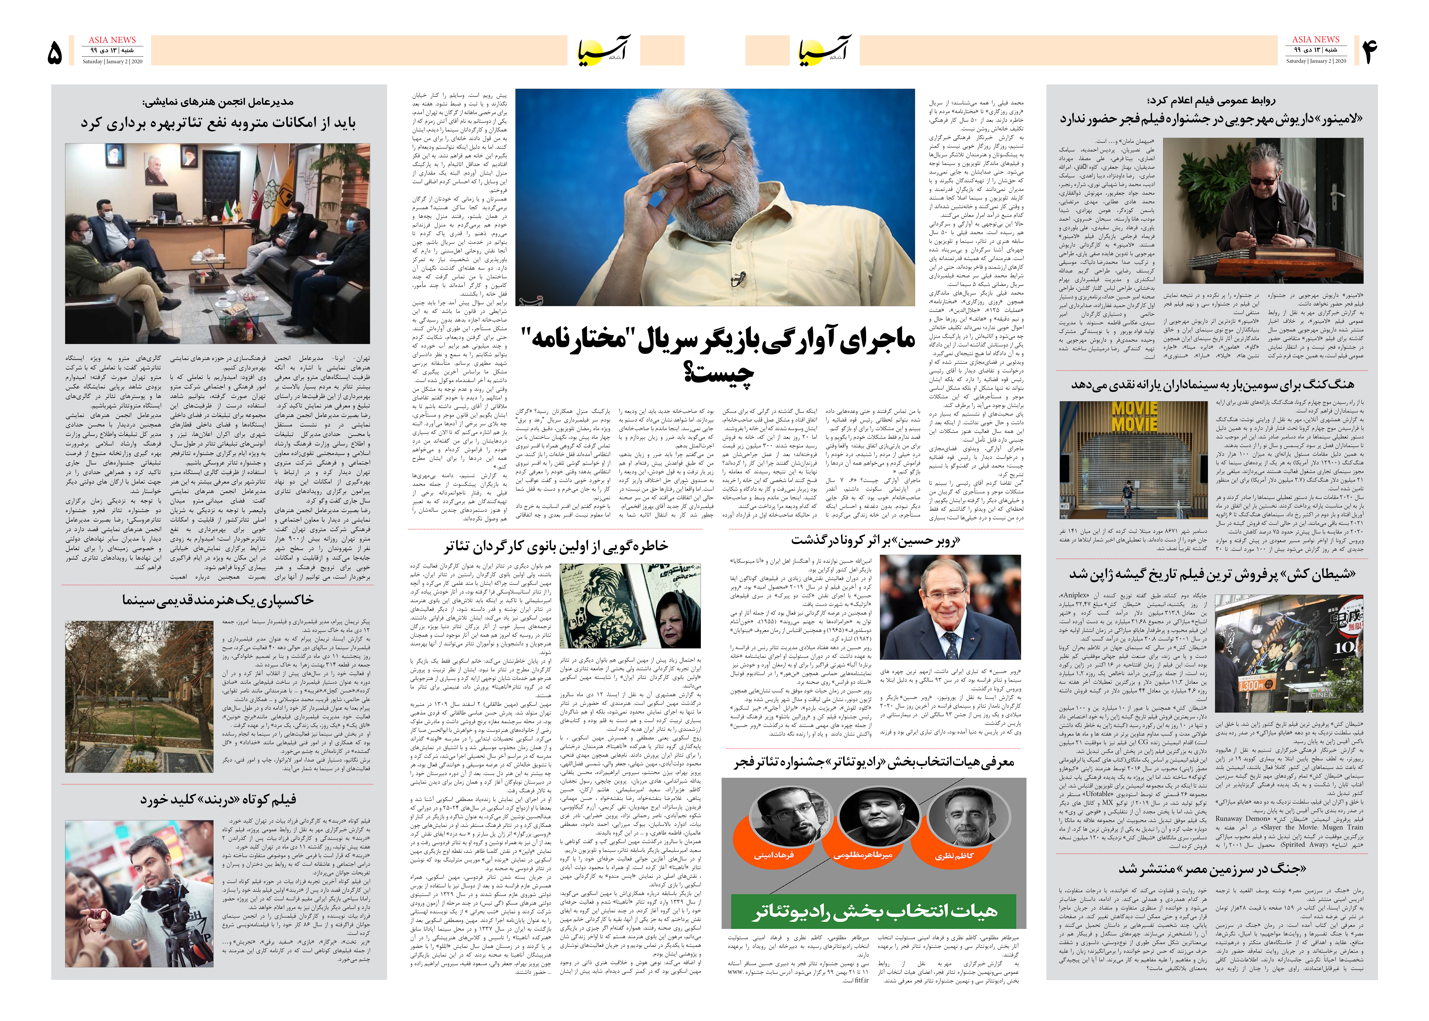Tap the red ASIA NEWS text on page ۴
(1315, 39)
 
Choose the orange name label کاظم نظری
(954, 855)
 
